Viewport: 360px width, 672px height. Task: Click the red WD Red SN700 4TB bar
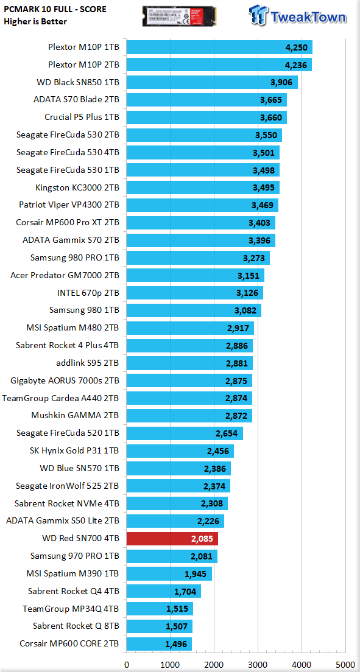[172, 538]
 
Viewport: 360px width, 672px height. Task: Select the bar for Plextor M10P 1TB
[219, 47]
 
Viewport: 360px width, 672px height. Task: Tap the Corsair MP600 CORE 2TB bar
[159, 644]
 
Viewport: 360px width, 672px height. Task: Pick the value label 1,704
[185, 592]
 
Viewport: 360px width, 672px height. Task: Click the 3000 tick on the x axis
[258, 664]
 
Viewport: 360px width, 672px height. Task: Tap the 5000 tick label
[345, 664]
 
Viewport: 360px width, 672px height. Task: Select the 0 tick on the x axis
[127, 664]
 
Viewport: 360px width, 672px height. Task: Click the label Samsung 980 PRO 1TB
[75, 257]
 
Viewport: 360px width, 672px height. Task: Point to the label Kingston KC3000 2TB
[77, 187]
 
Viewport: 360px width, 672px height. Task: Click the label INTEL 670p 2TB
[88, 293]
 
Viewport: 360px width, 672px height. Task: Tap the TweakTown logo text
[308, 17]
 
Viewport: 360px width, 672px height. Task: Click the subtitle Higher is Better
[35, 21]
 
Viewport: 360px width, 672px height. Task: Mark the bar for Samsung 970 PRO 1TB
[172, 556]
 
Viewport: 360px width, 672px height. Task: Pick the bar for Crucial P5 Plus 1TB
[206, 117]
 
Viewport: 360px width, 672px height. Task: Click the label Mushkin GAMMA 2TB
[76, 415]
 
